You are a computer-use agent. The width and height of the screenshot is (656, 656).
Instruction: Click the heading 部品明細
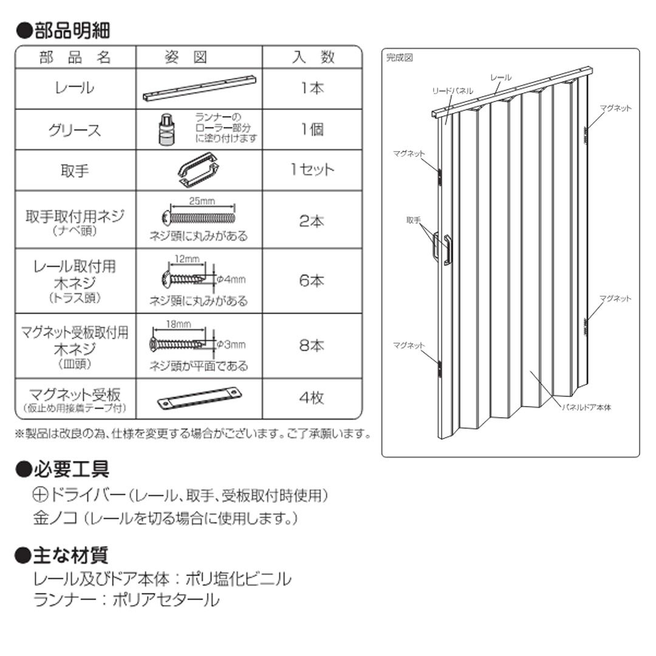point(63,30)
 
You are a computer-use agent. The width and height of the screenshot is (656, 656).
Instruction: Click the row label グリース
point(75,130)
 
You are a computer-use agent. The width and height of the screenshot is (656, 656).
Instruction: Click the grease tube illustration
point(165,129)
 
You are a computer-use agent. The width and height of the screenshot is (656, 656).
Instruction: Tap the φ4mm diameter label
point(231,279)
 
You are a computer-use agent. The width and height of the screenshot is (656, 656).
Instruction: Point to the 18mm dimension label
point(179,324)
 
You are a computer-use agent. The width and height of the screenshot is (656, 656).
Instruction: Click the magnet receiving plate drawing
point(199,398)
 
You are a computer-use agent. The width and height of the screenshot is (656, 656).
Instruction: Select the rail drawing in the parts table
point(200,89)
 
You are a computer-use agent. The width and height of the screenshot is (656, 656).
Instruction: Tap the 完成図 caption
point(400,58)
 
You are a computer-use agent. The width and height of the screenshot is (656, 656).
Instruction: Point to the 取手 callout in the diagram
point(413,220)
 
